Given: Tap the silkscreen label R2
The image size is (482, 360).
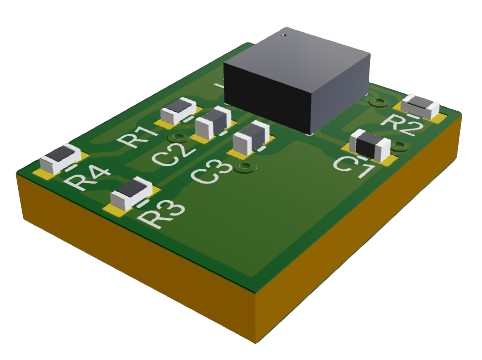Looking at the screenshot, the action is click(401, 124).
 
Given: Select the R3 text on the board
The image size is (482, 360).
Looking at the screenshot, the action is click(161, 212).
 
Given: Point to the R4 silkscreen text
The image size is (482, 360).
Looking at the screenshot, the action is click(87, 179).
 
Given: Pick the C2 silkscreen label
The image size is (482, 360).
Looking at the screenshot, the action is click(173, 154).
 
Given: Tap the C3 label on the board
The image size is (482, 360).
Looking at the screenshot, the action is click(212, 172).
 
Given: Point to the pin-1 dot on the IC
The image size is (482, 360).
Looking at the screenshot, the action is click(284, 34).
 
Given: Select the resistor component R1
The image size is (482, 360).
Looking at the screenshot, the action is click(178, 111).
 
